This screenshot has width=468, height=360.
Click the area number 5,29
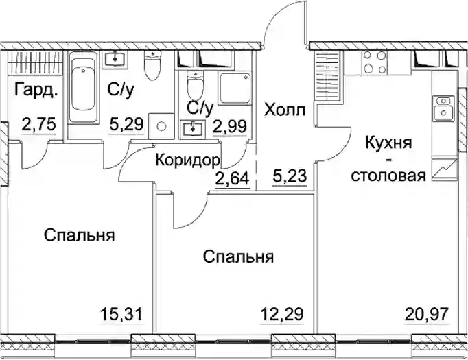click(x=127, y=124)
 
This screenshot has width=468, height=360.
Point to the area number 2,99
click(x=230, y=126)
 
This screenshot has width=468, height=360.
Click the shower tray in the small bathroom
click(x=234, y=88)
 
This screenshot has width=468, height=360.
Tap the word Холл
click(x=285, y=110)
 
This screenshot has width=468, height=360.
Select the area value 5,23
click(x=290, y=176)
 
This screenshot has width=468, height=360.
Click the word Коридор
click(x=188, y=161)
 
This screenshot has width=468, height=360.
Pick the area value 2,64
click(x=232, y=178)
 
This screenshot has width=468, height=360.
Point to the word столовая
click(x=388, y=176)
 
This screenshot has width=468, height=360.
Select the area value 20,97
click(x=427, y=314)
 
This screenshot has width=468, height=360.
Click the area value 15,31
click(x=121, y=314)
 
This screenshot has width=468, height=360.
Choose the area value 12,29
click(x=282, y=314)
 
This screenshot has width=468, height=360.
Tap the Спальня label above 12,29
click(x=239, y=257)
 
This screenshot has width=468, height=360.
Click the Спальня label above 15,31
click(x=80, y=235)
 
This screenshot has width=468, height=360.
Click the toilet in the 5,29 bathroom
click(x=152, y=65)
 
